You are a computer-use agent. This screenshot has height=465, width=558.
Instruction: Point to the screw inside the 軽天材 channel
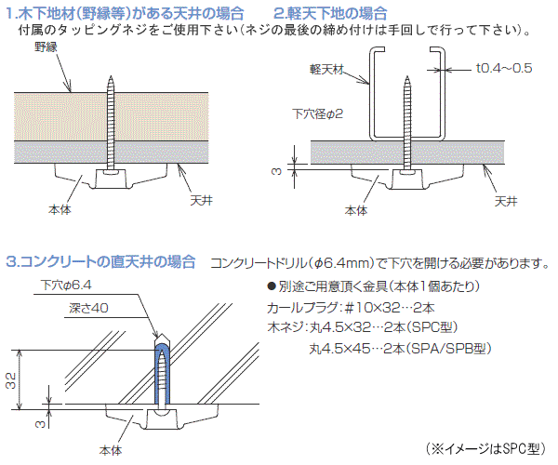coord(406,121)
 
